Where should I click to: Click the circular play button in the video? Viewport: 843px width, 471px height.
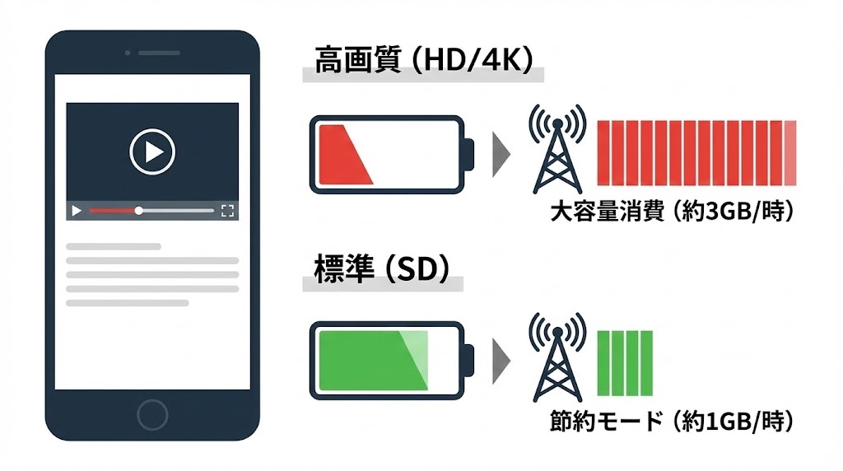152,151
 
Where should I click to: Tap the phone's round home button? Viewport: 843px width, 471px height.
152,414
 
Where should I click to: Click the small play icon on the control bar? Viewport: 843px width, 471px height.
77,211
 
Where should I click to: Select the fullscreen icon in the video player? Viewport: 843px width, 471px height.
228,211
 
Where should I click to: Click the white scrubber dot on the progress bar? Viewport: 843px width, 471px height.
138,211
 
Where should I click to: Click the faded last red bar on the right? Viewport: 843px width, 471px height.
790,152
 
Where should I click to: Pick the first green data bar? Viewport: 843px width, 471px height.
603,357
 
